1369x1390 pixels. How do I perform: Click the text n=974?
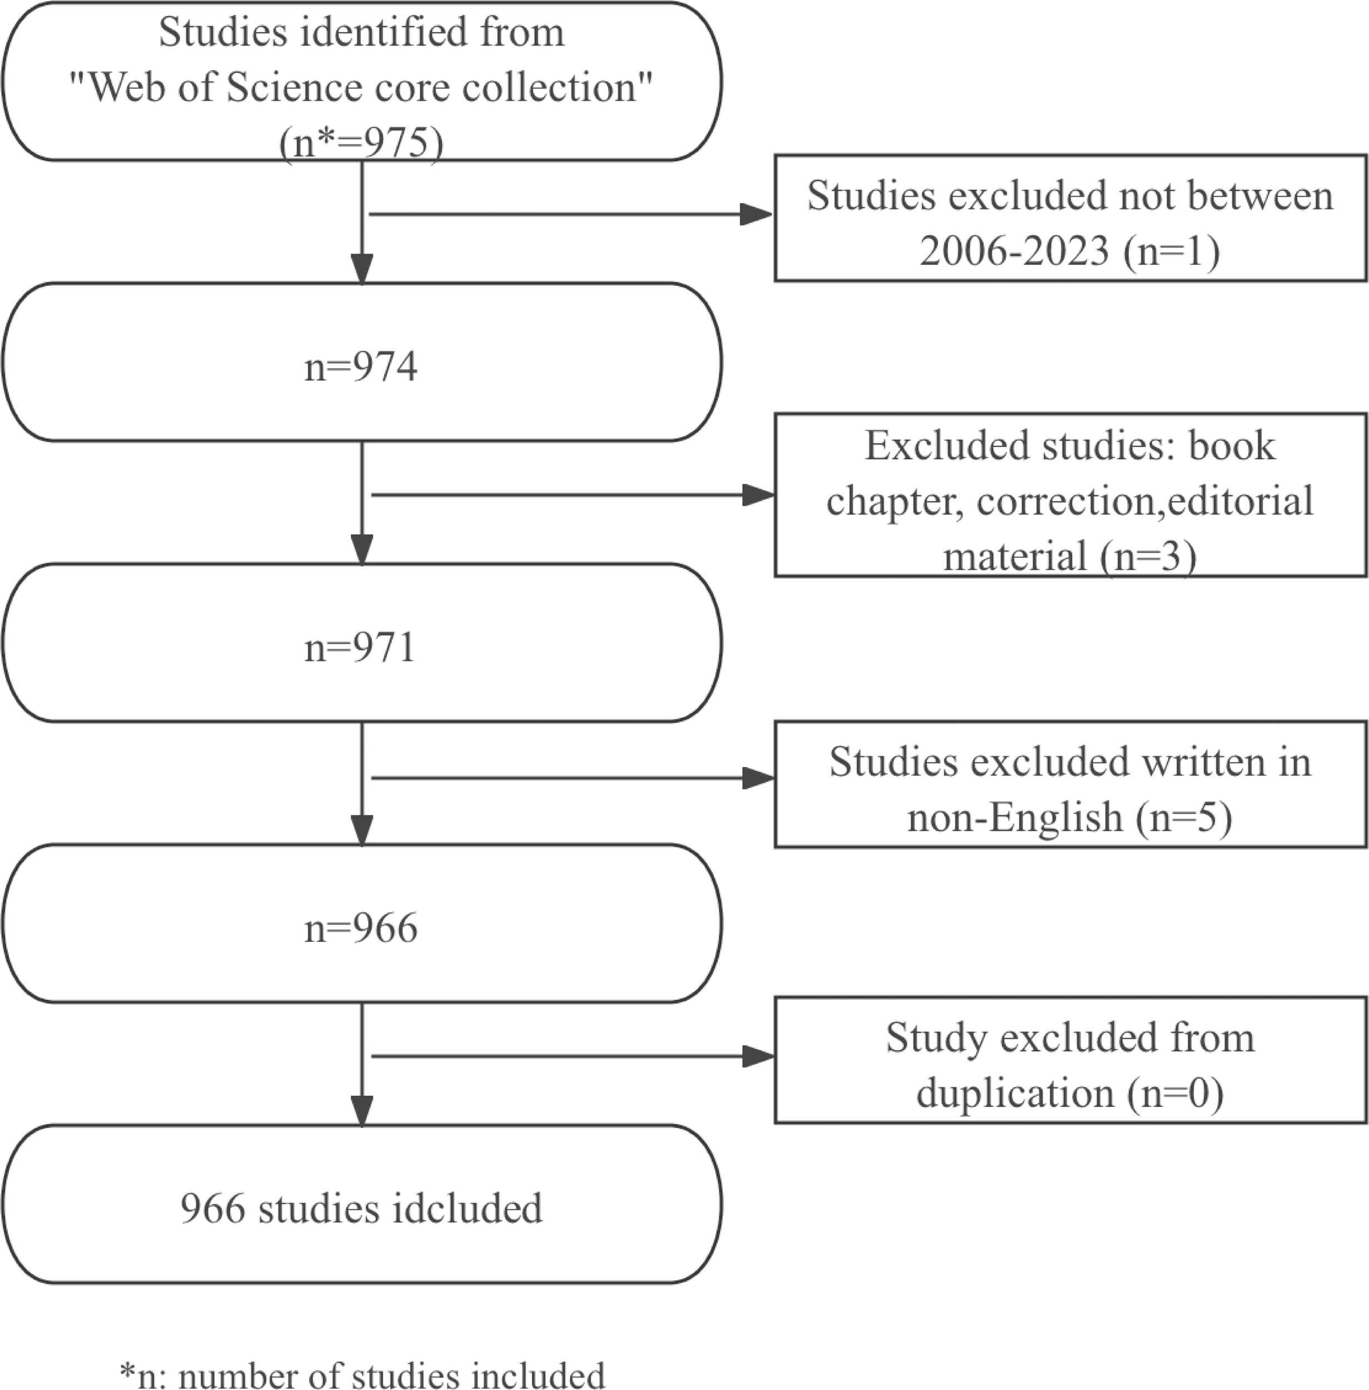[x=360, y=367]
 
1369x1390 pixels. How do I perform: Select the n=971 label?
[x=360, y=647]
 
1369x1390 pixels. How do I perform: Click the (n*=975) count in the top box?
[x=361, y=142]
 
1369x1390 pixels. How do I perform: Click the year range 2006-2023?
[x=1014, y=251]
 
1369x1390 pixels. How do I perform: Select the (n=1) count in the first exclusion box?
[x=1171, y=251]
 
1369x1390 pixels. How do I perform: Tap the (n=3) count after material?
[x=1148, y=556]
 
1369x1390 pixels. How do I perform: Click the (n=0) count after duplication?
[x=1176, y=1093]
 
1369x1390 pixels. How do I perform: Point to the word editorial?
[x=1240, y=500]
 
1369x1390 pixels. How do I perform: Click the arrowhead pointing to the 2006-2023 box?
[x=756, y=214]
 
